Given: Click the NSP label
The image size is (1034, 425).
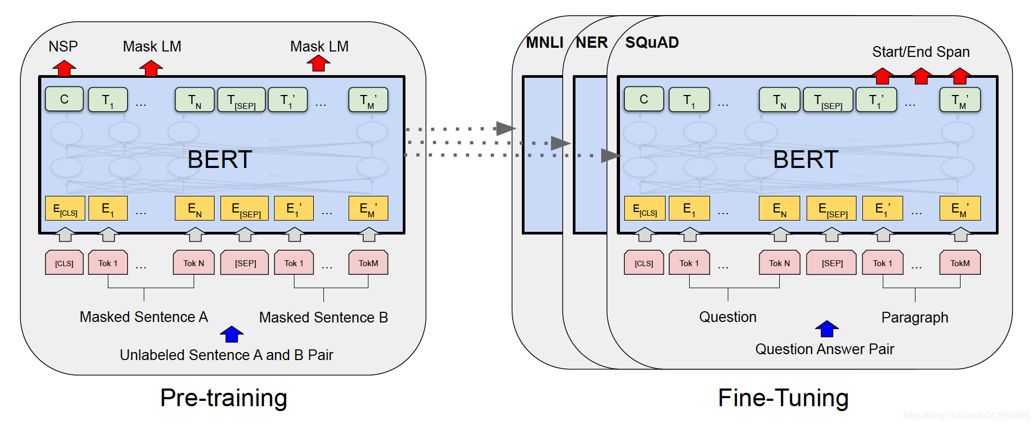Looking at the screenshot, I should (x=63, y=47).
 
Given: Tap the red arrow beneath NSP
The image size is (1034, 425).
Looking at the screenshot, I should (x=64, y=68).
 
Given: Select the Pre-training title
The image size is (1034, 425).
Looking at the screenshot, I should (x=224, y=398).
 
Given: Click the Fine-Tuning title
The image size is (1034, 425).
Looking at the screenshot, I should (x=783, y=398).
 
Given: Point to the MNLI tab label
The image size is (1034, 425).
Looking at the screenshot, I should (x=544, y=42).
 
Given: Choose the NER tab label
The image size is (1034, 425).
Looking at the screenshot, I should (x=592, y=42).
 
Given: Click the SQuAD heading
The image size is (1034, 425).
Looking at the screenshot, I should (x=652, y=42).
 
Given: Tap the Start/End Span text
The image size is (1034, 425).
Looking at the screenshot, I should (x=921, y=52).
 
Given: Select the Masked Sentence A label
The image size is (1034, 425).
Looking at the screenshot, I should (x=144, y=317).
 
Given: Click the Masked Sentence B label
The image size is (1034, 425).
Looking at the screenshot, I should (x=323, y=318).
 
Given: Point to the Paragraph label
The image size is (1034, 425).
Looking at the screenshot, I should (x=914, y=318).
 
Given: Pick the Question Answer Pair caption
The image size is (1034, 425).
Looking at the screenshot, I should (x=824, y=349).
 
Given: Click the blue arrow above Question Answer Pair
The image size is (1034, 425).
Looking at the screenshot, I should (x=826, y=328).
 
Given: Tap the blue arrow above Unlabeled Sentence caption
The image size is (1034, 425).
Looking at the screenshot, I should (x=232, y=334).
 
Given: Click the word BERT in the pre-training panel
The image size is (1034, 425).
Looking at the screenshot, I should (x=220, y=159).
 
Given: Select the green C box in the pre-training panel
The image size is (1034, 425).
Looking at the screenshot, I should (x=64, y=99).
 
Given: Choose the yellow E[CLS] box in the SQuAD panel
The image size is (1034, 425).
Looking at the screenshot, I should (x=645, y=208).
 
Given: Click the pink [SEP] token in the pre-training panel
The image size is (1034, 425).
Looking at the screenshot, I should (x=245, y=263).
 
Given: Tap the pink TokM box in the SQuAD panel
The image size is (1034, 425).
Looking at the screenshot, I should (x=959, y=263).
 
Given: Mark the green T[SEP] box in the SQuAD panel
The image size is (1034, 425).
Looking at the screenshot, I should (x=828, y=100).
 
